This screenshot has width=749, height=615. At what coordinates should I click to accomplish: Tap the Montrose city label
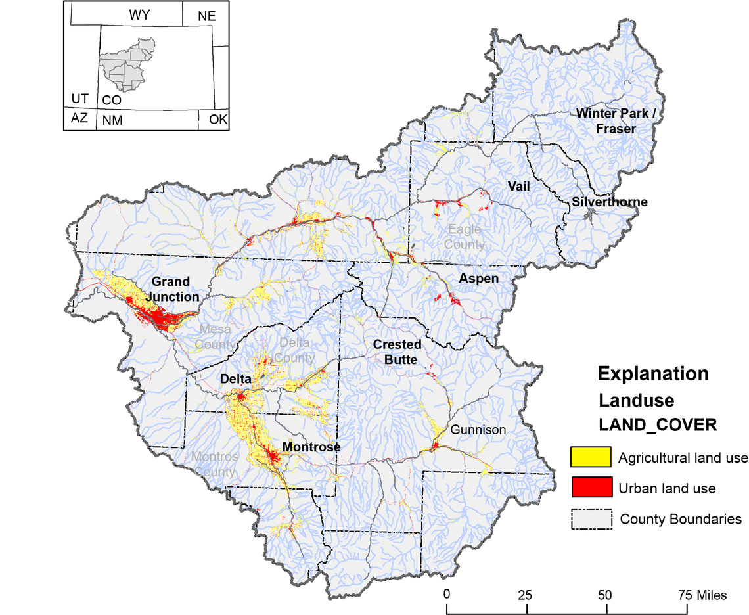311,447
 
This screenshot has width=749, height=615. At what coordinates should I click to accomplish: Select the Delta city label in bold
235,379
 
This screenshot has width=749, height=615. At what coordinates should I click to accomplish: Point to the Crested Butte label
397,352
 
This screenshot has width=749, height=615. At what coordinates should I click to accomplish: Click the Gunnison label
478,430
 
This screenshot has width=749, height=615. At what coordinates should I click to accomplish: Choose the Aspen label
478,279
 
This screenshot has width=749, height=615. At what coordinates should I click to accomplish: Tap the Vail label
518,187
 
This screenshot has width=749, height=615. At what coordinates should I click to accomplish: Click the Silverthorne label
609,202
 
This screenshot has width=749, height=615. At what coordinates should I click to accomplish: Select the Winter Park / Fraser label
616,121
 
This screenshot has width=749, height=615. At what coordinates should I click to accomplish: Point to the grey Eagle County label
465,237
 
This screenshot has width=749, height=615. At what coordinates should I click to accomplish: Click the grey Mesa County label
216,336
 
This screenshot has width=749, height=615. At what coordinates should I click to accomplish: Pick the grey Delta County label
296,350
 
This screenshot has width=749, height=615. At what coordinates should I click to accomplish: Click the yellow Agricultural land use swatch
591,457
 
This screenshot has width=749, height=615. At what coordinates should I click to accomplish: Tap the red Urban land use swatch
591,488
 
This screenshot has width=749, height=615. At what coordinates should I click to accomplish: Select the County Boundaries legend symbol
591,518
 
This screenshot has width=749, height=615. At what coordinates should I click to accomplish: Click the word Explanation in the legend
652,374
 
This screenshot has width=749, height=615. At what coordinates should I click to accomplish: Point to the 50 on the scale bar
605,595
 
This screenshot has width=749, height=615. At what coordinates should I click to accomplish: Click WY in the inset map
139,15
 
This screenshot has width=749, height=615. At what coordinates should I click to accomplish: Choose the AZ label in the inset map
79,118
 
